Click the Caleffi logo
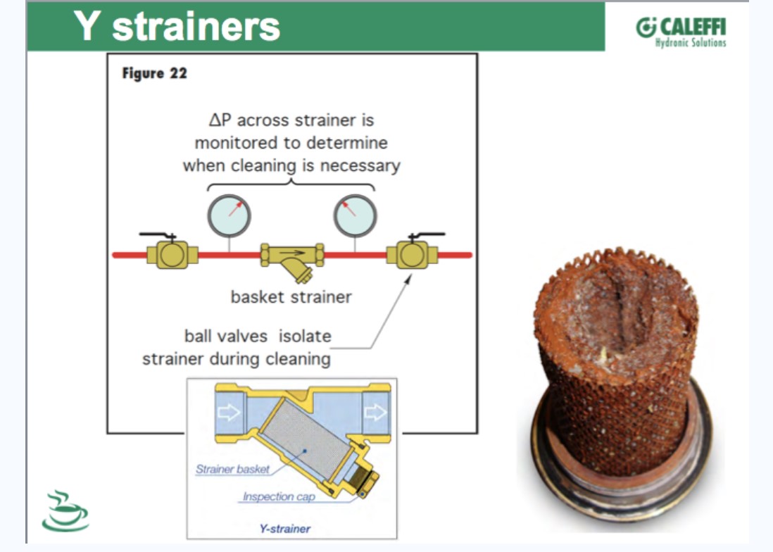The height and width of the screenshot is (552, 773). coord(680,32)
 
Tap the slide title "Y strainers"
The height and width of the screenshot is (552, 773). coord(177,26)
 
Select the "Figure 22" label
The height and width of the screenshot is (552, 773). coord(154,73)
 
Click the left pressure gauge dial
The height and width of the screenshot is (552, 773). coord(229,216)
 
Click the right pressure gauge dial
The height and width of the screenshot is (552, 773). coord(355,216)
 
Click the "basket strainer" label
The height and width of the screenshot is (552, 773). coord(291,296)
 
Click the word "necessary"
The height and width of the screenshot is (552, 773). coord(360,165)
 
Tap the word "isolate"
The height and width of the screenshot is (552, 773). coord(305,336)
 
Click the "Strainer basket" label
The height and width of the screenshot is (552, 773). coord(233,469)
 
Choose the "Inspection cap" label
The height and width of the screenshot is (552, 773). coord(279,497)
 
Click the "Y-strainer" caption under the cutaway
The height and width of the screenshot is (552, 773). coord(285,529)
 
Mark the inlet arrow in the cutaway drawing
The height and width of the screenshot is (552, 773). coord(229,411)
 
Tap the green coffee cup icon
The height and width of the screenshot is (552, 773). coord(65,511)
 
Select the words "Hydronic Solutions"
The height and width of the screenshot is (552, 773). coord(691,43)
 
